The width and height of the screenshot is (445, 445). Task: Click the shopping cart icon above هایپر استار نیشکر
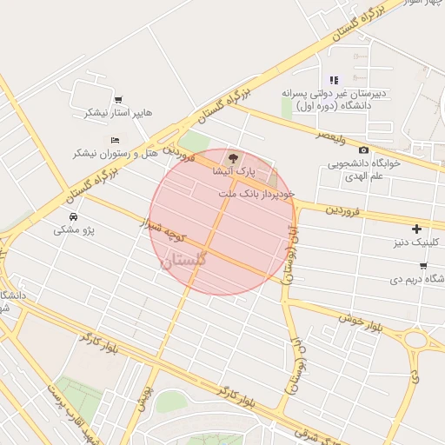pos(118,99)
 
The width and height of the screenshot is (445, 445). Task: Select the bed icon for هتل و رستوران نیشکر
pos(115,139)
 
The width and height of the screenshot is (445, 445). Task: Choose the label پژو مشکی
pos(73,229)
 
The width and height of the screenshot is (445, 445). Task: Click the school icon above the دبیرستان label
pos(335,80)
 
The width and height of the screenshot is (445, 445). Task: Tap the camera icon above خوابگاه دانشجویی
pos(363,150)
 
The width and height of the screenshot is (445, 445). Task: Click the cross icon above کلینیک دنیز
pos(417,228)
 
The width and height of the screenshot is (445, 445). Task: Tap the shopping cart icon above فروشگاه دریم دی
pos(423,265)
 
